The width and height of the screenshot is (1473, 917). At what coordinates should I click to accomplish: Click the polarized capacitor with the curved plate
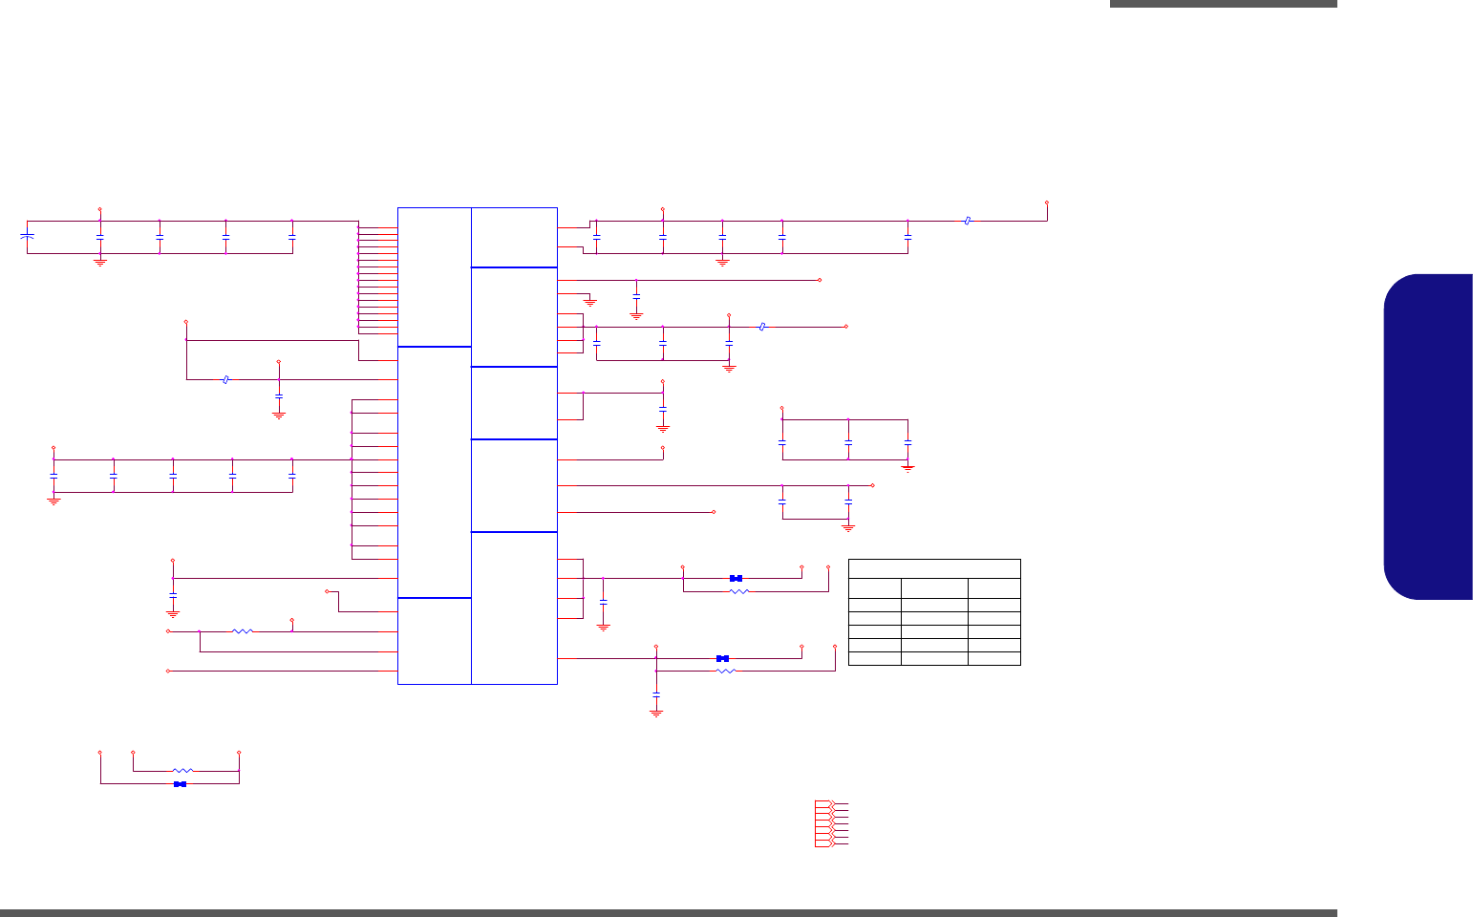pos(28,235)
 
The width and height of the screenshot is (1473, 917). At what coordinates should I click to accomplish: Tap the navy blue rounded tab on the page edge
pos(1428,437)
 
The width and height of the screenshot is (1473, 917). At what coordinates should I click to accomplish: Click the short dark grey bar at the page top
pos(1223,4)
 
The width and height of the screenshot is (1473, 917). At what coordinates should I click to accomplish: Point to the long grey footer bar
pos(669,912)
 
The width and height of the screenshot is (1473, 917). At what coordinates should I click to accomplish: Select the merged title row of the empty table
pos(934,568)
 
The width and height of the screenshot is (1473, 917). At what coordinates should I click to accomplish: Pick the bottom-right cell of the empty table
pos(993,658)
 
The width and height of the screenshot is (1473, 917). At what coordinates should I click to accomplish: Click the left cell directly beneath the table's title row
pos(875,587)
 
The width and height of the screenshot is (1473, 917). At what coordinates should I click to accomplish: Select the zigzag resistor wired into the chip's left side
pos(244,631)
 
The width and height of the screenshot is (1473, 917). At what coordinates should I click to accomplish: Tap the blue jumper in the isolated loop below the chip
pos(180,784)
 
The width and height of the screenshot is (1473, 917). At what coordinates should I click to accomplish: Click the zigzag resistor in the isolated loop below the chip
pos(182,771)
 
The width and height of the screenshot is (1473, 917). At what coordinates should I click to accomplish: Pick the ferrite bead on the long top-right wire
pos(968,221)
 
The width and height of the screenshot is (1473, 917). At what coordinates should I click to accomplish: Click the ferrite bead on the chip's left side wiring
pos(225,379)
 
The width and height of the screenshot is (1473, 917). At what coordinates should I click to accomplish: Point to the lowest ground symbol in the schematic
pos(656,712)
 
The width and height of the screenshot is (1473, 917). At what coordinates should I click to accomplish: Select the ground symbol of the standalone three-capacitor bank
pos(907,468)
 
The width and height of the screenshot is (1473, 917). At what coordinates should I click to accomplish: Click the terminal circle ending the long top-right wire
pos(1047,203)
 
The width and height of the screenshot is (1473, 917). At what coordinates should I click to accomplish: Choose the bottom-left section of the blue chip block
pos(435,640)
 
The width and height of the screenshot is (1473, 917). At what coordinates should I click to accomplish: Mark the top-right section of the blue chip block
pos(514,237)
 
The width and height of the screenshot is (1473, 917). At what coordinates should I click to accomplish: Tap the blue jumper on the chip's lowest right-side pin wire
pos(723,658)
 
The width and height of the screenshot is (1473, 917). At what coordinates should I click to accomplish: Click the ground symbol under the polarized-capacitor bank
pos(100,261)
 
